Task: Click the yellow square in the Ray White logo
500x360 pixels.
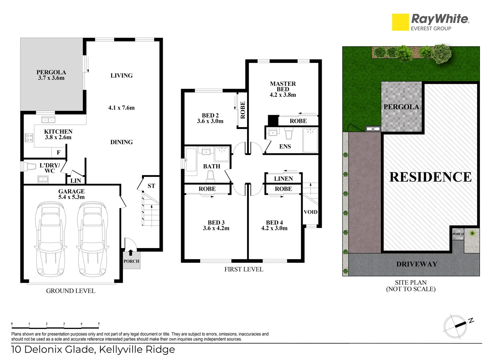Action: pyautogui.click(x=401, y=22)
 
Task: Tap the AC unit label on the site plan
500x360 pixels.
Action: pyautogui.click(x=373, y=129)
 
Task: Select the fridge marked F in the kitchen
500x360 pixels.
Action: pyautogui.click(x=59, y=152)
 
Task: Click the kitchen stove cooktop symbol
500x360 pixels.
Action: pyautogui.click(x=29, y=138)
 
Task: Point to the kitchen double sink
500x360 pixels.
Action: pyautogui.click(x=48, y=120)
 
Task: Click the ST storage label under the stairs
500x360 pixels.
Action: pyautogui.click(x=151, y=186)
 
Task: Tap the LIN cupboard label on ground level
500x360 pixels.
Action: pyautogui.click(x=76, y=181)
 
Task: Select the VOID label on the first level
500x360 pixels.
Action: pyautogui.click(x=311, y=212)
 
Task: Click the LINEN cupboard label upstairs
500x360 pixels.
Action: pyautogui.click(x=284, y=179)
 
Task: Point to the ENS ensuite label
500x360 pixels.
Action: pyautogui.click(x=285, y=146)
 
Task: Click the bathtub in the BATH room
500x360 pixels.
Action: pyautogui.click(x=191, y=160)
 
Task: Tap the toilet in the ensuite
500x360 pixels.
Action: pyautogui.click(x=289, y=133)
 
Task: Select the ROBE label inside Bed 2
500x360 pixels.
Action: pyautogui.click(x=242, y=110)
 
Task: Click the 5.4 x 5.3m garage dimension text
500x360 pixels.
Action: pyautogui.click(x=71, y=197)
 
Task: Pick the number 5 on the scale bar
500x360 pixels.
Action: pyautogui.click(x=99, y=323)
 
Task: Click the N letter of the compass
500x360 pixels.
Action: pyautogui.click(x=471, y=321)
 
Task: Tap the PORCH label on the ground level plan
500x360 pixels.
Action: pyautogui.click(x=131, y=261)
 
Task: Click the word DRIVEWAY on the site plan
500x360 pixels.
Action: pyautogui.click(x=417, y=264)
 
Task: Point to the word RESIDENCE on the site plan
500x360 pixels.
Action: pyautogui.click(x=431, y=177)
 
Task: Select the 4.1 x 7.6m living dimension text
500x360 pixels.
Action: pyautogui.click(x=121, y=108)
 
